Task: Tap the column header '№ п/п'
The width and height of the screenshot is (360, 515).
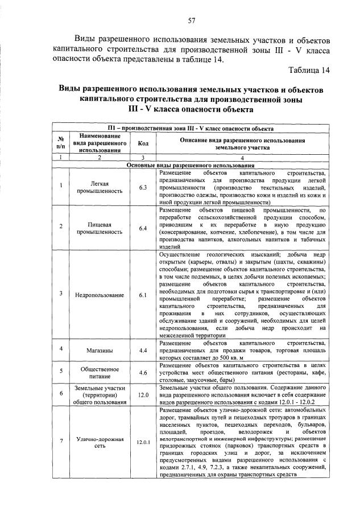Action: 60,143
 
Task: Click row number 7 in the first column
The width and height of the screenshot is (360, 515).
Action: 60,442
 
